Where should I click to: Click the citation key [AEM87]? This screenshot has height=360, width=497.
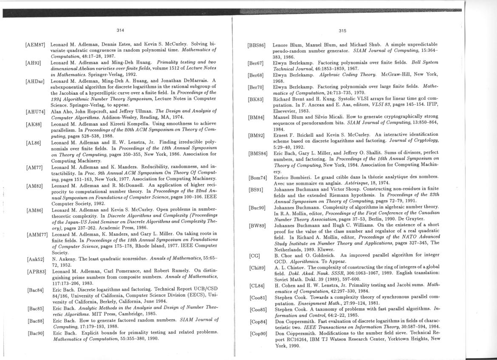(x=35, y=45)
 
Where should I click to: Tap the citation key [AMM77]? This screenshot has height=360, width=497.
(x=36, y=234)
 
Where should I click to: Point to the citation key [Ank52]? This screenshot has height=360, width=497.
(x=35, y=259)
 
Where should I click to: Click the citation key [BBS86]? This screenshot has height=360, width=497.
(x=257, y=45)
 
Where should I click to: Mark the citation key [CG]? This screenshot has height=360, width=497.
(x=254, y=256)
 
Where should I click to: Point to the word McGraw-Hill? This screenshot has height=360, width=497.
(x=399, y=75)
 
